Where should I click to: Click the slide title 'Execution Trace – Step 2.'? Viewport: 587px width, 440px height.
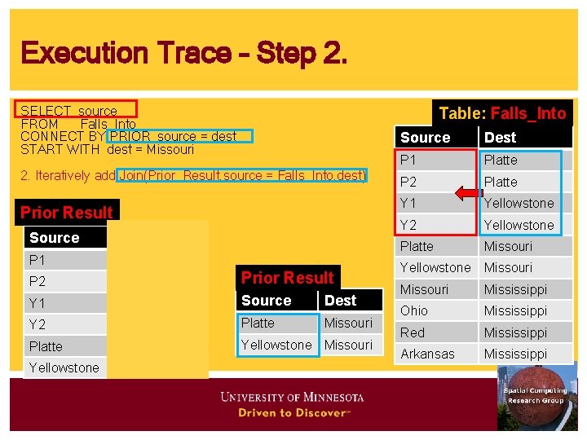point(184,54)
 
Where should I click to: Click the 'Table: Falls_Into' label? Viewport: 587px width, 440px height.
point(502,113)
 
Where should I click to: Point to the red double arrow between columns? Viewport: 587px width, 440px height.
point(470,193)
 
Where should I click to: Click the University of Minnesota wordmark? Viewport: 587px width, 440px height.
point(292,398)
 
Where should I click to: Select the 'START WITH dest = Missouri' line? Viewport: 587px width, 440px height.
point(107,149)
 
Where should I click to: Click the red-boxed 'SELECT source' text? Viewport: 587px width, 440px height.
point(68,110)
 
